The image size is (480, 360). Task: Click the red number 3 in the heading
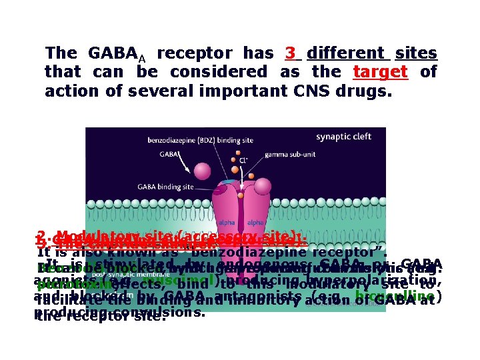[290, 53]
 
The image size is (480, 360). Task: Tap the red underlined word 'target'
[380, 71]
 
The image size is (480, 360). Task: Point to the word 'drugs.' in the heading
[366, 91]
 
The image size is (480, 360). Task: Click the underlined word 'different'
[346, 53]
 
